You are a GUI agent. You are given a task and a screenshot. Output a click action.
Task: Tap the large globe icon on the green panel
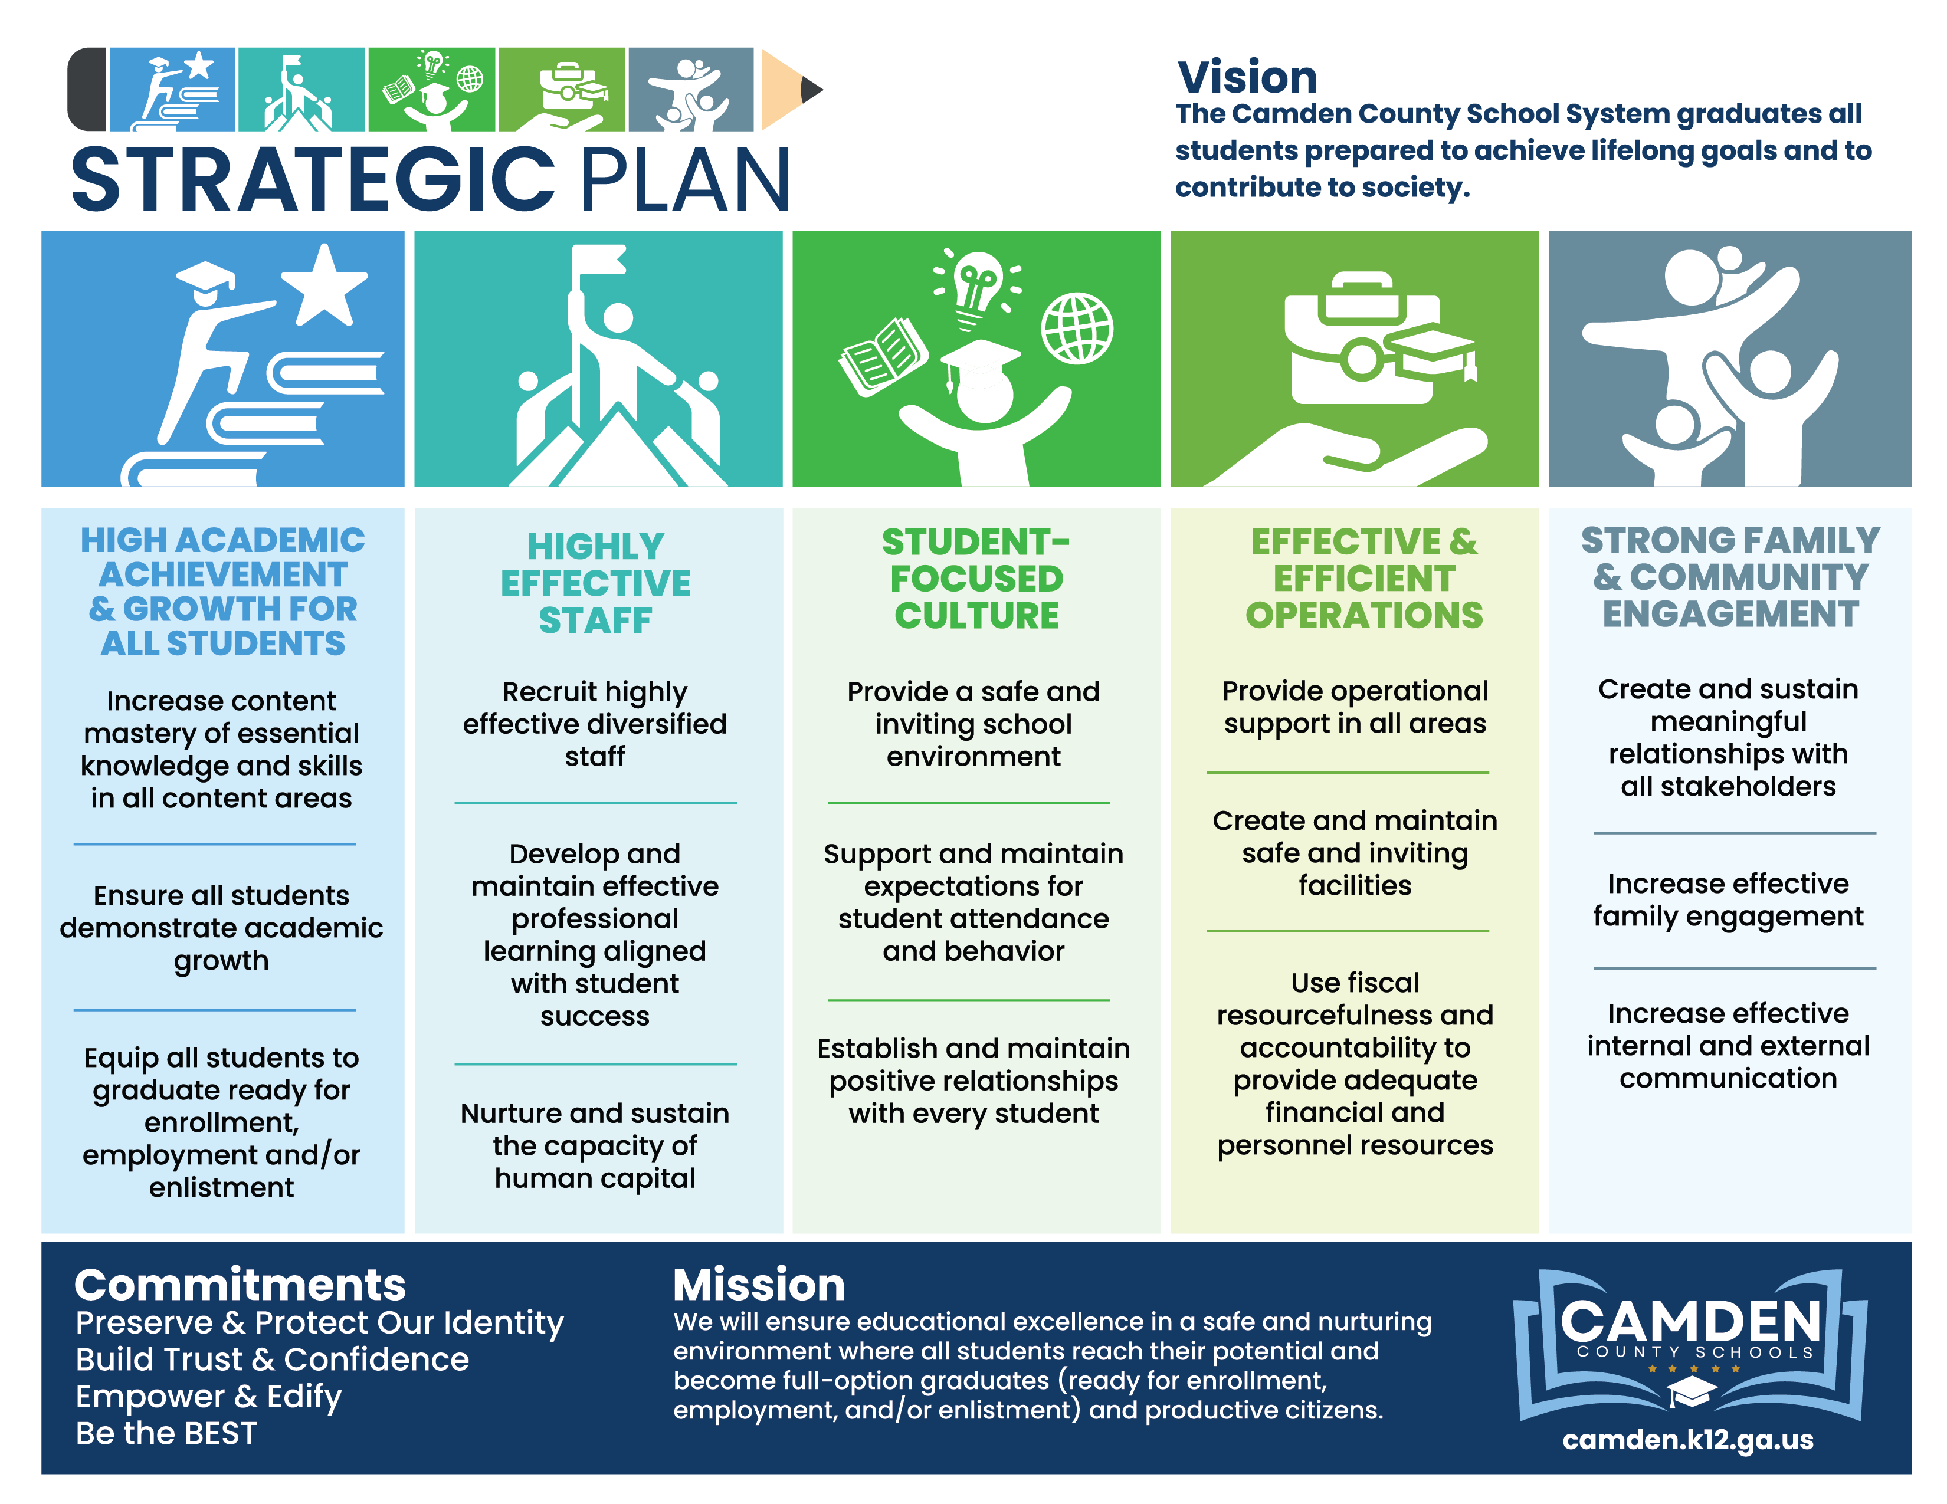(1077, 328)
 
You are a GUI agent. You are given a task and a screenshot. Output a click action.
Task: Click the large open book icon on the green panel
(883, 356)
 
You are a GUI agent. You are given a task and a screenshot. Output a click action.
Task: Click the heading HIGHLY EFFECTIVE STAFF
(595, 583)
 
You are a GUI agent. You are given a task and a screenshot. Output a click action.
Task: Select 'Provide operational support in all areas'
(1355, 707)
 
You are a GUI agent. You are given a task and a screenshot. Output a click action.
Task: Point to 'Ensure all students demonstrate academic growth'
(221, 928)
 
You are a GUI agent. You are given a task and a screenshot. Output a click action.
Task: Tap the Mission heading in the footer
(759, 1284)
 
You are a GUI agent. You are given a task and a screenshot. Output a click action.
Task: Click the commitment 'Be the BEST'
(167, 1433)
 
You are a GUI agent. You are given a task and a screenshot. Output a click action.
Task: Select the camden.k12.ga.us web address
(1687, 1439)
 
